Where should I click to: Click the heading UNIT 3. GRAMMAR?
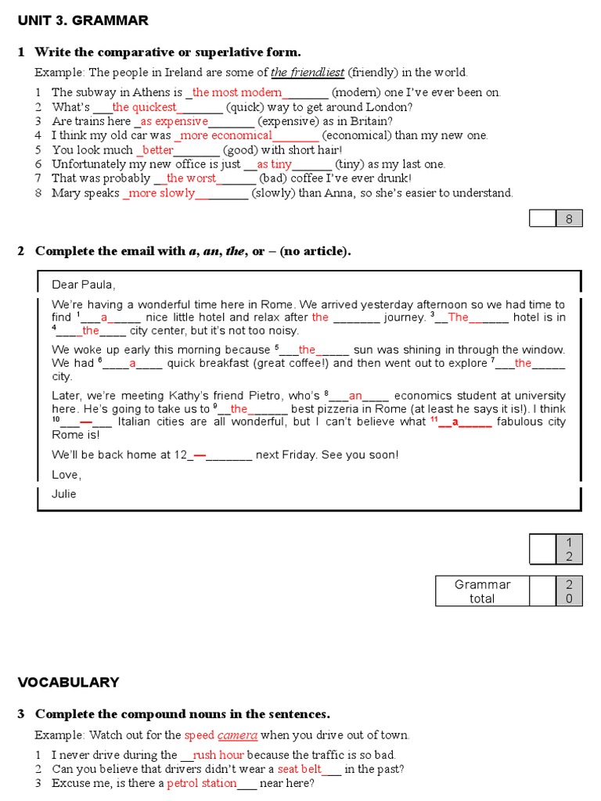83,20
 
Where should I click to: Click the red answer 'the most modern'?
236,92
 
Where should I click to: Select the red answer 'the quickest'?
144,107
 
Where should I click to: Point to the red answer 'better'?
157,149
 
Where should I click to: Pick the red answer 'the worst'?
191,178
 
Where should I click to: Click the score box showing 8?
569,219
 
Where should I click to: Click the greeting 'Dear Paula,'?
84,285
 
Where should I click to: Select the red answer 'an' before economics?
355,396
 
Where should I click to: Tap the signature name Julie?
64,494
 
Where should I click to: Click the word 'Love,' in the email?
67,475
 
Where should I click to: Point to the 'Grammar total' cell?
482,591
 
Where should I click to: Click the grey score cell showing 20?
569,591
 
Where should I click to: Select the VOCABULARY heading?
69,682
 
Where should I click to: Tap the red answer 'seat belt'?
299,769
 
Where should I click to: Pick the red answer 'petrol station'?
202,783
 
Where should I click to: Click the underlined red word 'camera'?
237,735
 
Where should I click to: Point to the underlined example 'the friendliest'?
308,73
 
